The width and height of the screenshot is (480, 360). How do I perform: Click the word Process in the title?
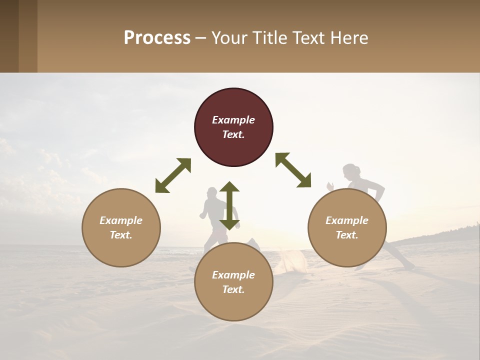coord(157,38)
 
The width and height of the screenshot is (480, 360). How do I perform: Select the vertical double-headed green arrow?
coord(229,205)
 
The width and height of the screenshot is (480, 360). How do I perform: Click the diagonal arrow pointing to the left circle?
coord(173,175)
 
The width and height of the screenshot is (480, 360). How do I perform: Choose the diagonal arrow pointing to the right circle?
coord(293,170)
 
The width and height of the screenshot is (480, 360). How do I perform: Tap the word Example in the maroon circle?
coord(233,120)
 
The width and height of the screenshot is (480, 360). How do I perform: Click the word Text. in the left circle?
coord(121,235)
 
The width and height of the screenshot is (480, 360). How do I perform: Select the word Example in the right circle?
coord(347,220)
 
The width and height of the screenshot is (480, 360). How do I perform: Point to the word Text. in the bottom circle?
coord(233,289)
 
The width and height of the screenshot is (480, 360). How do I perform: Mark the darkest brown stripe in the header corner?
coord(9,36)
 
